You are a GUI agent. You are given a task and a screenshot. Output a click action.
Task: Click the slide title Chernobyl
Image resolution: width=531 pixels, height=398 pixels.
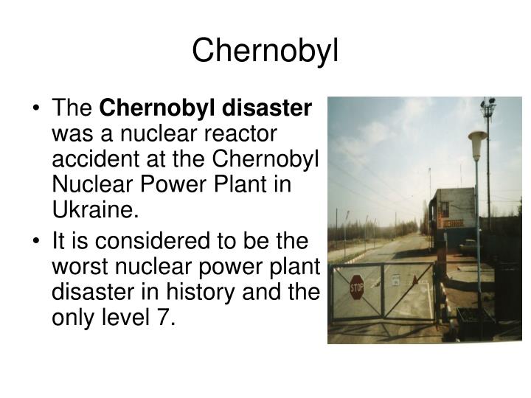tap(265, 51)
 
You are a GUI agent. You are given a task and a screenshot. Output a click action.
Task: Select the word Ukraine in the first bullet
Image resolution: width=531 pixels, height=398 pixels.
tap(94, 211)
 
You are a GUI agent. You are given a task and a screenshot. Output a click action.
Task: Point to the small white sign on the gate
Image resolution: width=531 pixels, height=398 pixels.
tap(395, 279)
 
